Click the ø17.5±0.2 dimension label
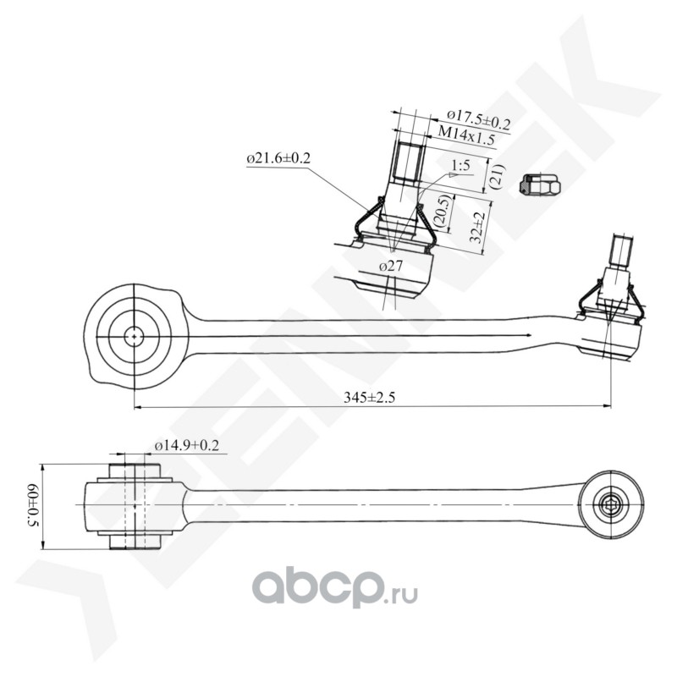[x=478, y=115]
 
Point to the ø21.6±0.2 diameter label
[x=278, y=158]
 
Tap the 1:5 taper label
[x=460, y=165]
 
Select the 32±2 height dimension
[x=478, y=228]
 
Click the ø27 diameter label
[x=390, y=266]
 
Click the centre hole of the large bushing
[x=134, y=336]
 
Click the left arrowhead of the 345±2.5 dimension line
[x=138, y=407]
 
